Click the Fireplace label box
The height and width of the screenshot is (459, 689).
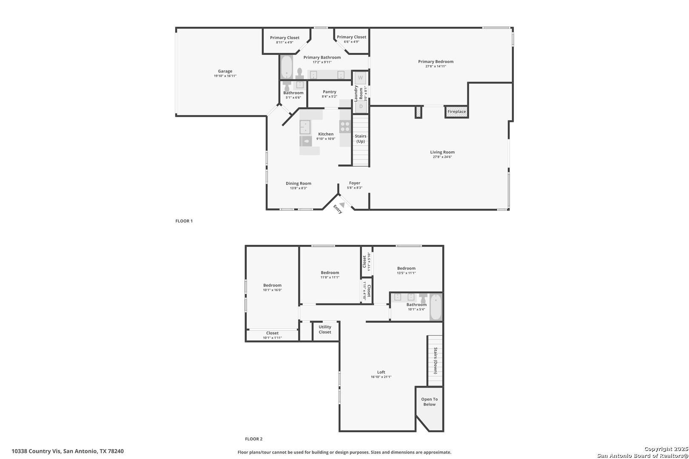(456, 112)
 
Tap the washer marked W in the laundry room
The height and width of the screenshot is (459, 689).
(360, 78)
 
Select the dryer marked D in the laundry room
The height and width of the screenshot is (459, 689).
(361, 106)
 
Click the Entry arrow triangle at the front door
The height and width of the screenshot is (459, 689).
(342, 205)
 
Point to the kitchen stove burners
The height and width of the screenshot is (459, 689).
(345, 126)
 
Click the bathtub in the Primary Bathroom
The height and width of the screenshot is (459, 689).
(287, 67)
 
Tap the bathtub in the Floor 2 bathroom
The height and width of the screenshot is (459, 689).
(435, 307)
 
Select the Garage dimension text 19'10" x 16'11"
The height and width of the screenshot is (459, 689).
(225, 76)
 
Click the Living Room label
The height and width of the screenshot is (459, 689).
(442, 152)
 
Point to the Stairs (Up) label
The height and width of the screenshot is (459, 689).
(361, 139)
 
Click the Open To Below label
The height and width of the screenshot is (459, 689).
(430, 402)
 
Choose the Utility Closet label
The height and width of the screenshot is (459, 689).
(325, 329)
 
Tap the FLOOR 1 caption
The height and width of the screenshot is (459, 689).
(184, 221)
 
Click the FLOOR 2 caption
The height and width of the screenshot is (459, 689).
(254, 439)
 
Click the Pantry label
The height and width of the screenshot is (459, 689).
(330, 92)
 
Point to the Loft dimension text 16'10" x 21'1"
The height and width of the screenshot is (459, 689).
(381, 377)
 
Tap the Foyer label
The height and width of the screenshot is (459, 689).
(355, 183)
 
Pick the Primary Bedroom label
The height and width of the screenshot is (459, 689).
(436, 62)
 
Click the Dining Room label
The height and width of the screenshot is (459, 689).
(299, 183)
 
